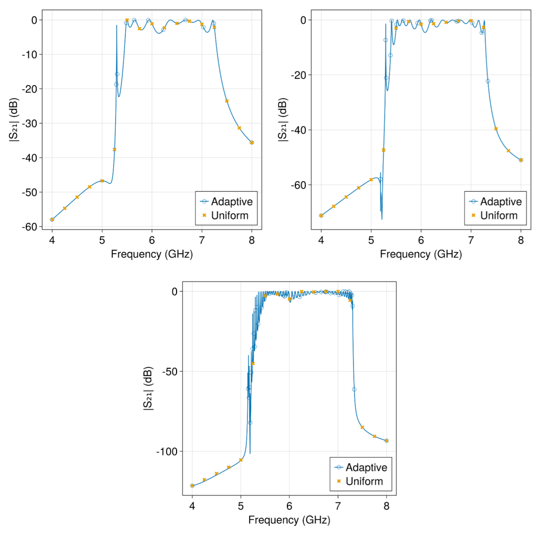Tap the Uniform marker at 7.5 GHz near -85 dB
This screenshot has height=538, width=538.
362,427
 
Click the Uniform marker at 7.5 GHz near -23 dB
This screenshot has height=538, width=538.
227,101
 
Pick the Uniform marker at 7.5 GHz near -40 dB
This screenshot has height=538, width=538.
496,129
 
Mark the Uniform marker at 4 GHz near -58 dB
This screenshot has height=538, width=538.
52,220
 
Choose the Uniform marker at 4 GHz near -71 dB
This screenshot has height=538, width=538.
321,215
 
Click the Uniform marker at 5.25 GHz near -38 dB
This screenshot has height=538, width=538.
115,150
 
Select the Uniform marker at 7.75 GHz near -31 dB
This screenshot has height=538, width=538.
239,128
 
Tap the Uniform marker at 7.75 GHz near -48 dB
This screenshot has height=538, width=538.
508,151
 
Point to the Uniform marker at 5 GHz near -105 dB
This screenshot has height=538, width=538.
241,460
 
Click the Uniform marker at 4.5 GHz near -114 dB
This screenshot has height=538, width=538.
216,473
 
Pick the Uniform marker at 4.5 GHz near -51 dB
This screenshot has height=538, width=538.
77,197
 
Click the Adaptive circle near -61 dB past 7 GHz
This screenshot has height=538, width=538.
354,389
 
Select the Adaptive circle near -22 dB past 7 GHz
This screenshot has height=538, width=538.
488,81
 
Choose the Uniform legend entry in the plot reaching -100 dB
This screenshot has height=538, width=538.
360,481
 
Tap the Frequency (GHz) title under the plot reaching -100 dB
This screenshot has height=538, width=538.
289,520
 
